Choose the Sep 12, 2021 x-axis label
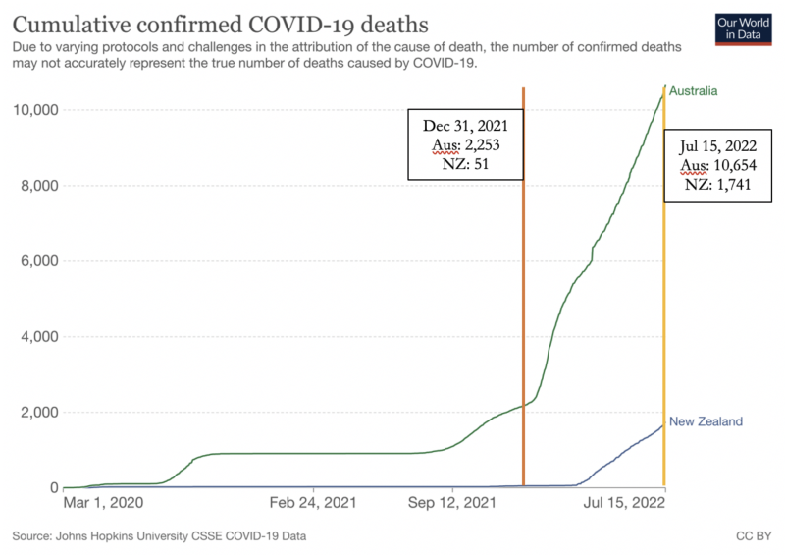pyautogui.click(x=452, y=504)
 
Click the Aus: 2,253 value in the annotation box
pyautogui.click(x=465, y=146)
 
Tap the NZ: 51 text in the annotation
pyautogui.click(x=465, y=165)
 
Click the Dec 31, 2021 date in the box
pyautogui.click(x=465, y=127)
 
